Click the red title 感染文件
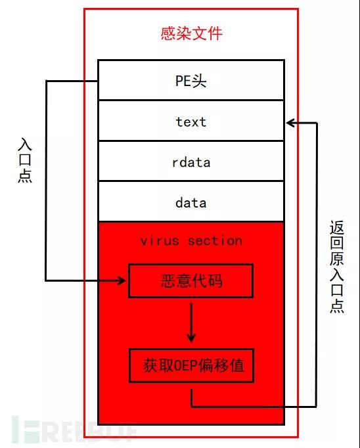coord(191,34)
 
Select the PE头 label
coord(191,81)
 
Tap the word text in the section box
coord(191,122)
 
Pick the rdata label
coord(191,162)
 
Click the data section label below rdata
coord(191,203)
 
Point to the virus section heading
coord(191,241)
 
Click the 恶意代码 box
coord(191,281)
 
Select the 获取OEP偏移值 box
coord(191,365)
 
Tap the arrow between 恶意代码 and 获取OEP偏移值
coord(191,323)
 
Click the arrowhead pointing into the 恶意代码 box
coord(122,280)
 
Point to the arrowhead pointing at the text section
coord(291,123)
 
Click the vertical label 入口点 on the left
coord(25,160)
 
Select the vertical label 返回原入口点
coord(337,267)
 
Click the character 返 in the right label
coord(337,228)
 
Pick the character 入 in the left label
coord(25,145)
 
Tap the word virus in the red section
coord(160,241)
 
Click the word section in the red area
coord(215,241)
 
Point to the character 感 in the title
coord(168,34)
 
